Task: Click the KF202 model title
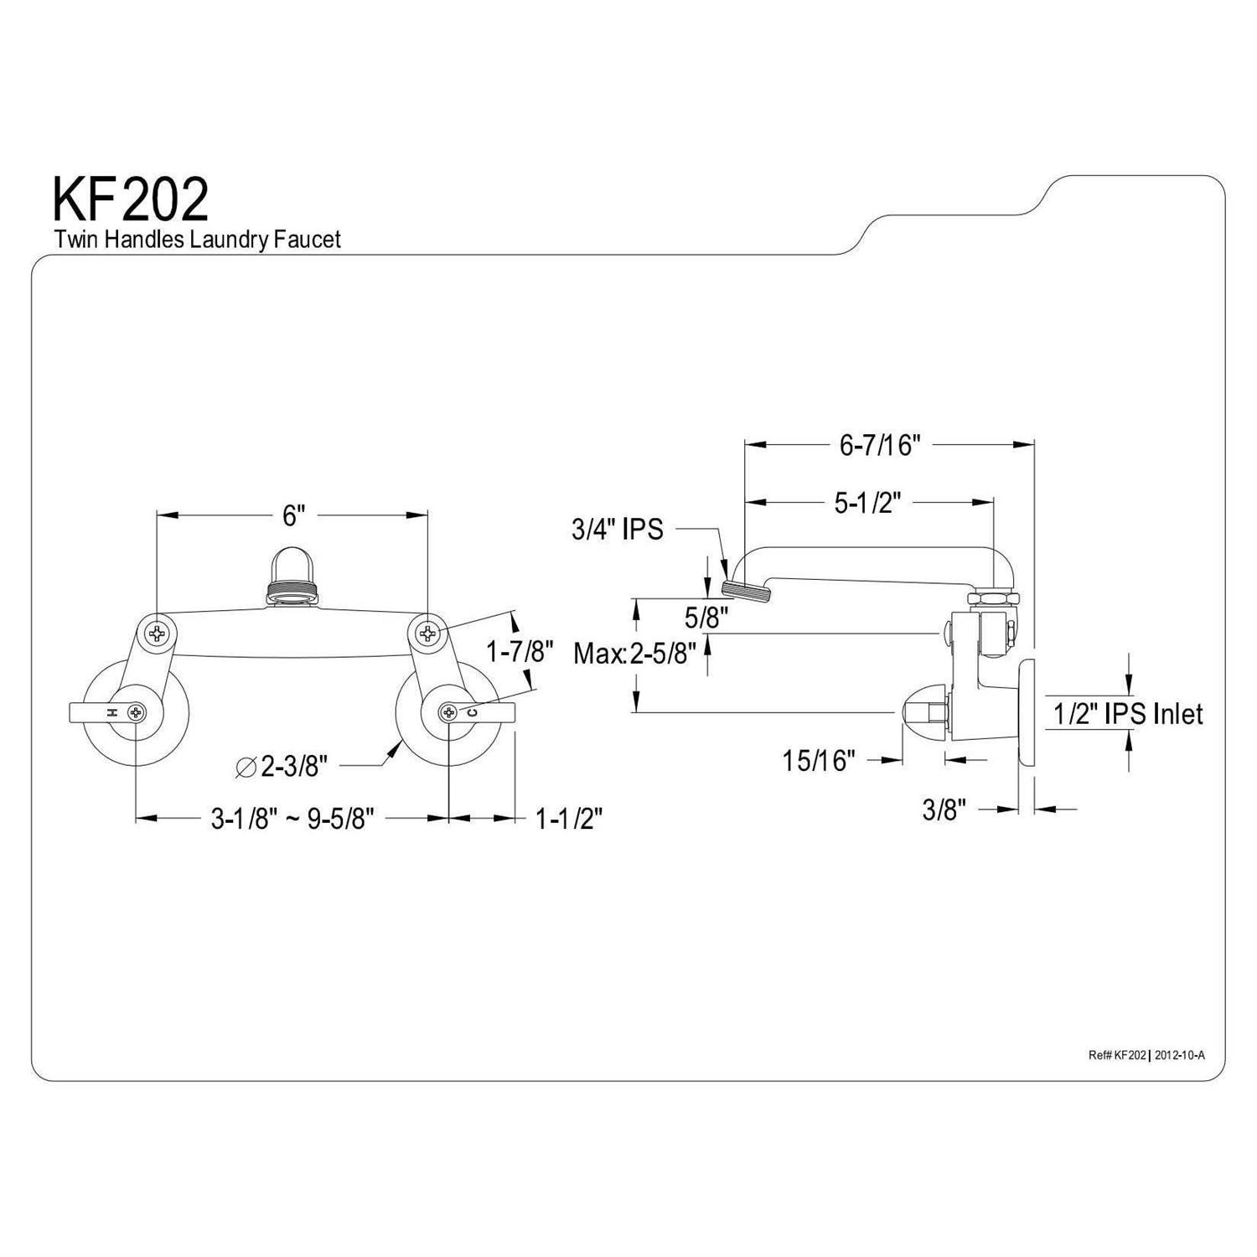pyautogui.click(x=131, y=199)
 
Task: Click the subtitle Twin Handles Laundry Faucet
pyautogui.click(x=198, y=240)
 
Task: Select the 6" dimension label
pyautogui.click(x=291, y=515)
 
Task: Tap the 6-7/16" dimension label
pyautogui.click(x=880, y=445)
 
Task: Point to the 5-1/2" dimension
pyautogui.click(x=866, y=503)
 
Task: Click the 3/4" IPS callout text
pyautogui.click(x=618, y=529)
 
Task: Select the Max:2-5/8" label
pyautogui.click(x=635, y=653)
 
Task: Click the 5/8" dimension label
pyautogui.click(x=706, y=618)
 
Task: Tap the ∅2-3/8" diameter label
pyautogui.click(x=282, y=765)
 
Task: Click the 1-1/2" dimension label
pyautogui.click(x=569, y=818)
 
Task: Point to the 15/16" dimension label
pyautogui.click(x=819, y=760)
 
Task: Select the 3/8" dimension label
pyautogui.click(x=944, y=810)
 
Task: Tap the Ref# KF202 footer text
pyautogui.click(x=1116, y=1055)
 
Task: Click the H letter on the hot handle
pyautogui.click(x=111, y=712)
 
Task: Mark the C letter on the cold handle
pyautogui.click(x=472, y=712)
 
